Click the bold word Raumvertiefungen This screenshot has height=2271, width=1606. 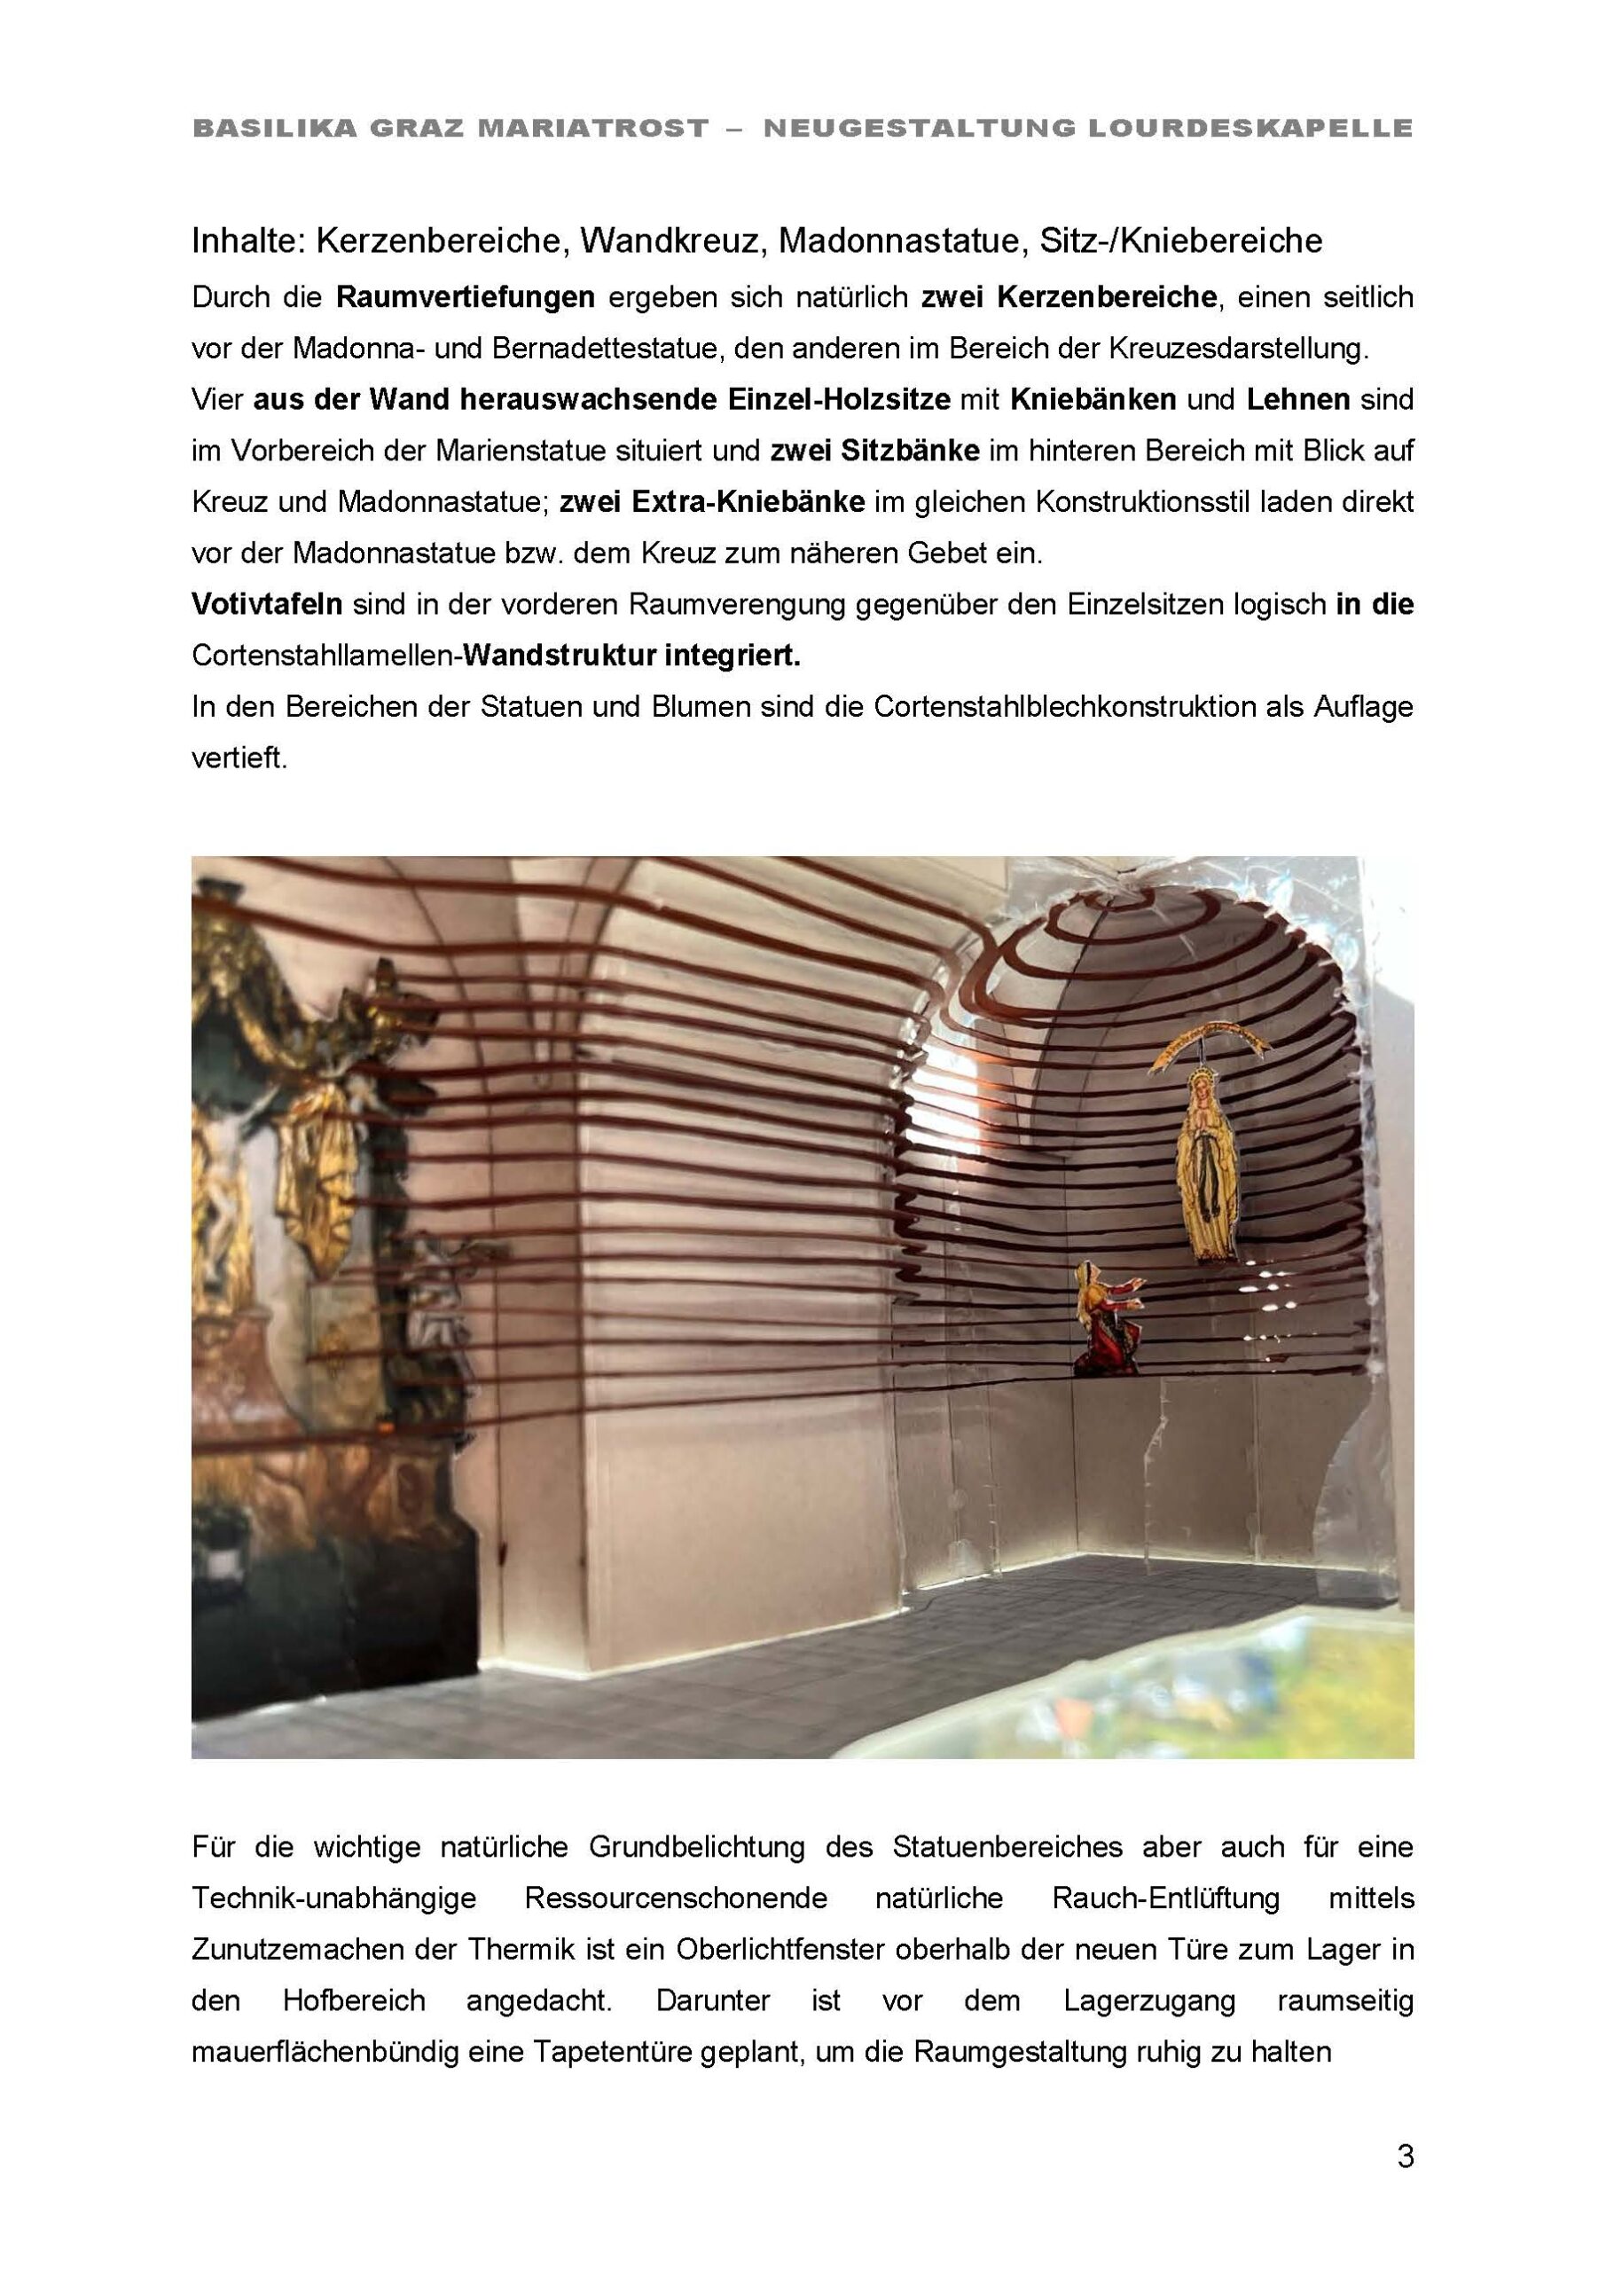click(x=465, y=296)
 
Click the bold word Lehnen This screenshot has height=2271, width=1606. click(x=1297, y=399)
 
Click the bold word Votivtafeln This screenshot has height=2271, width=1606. click(x=266, y=604)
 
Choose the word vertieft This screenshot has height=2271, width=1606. click(x=239, y=758)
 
